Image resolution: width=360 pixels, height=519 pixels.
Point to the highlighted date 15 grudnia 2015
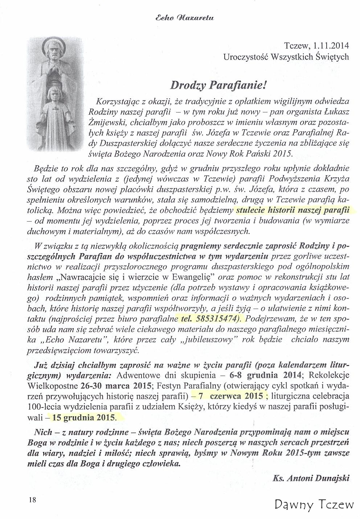pyautogui.click(x=85, y=418)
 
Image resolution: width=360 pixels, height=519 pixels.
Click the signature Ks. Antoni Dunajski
pyautogui.click(x=311, y=478)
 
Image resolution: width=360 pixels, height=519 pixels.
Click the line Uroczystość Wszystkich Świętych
pyautogui.click(x=286, y=57)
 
